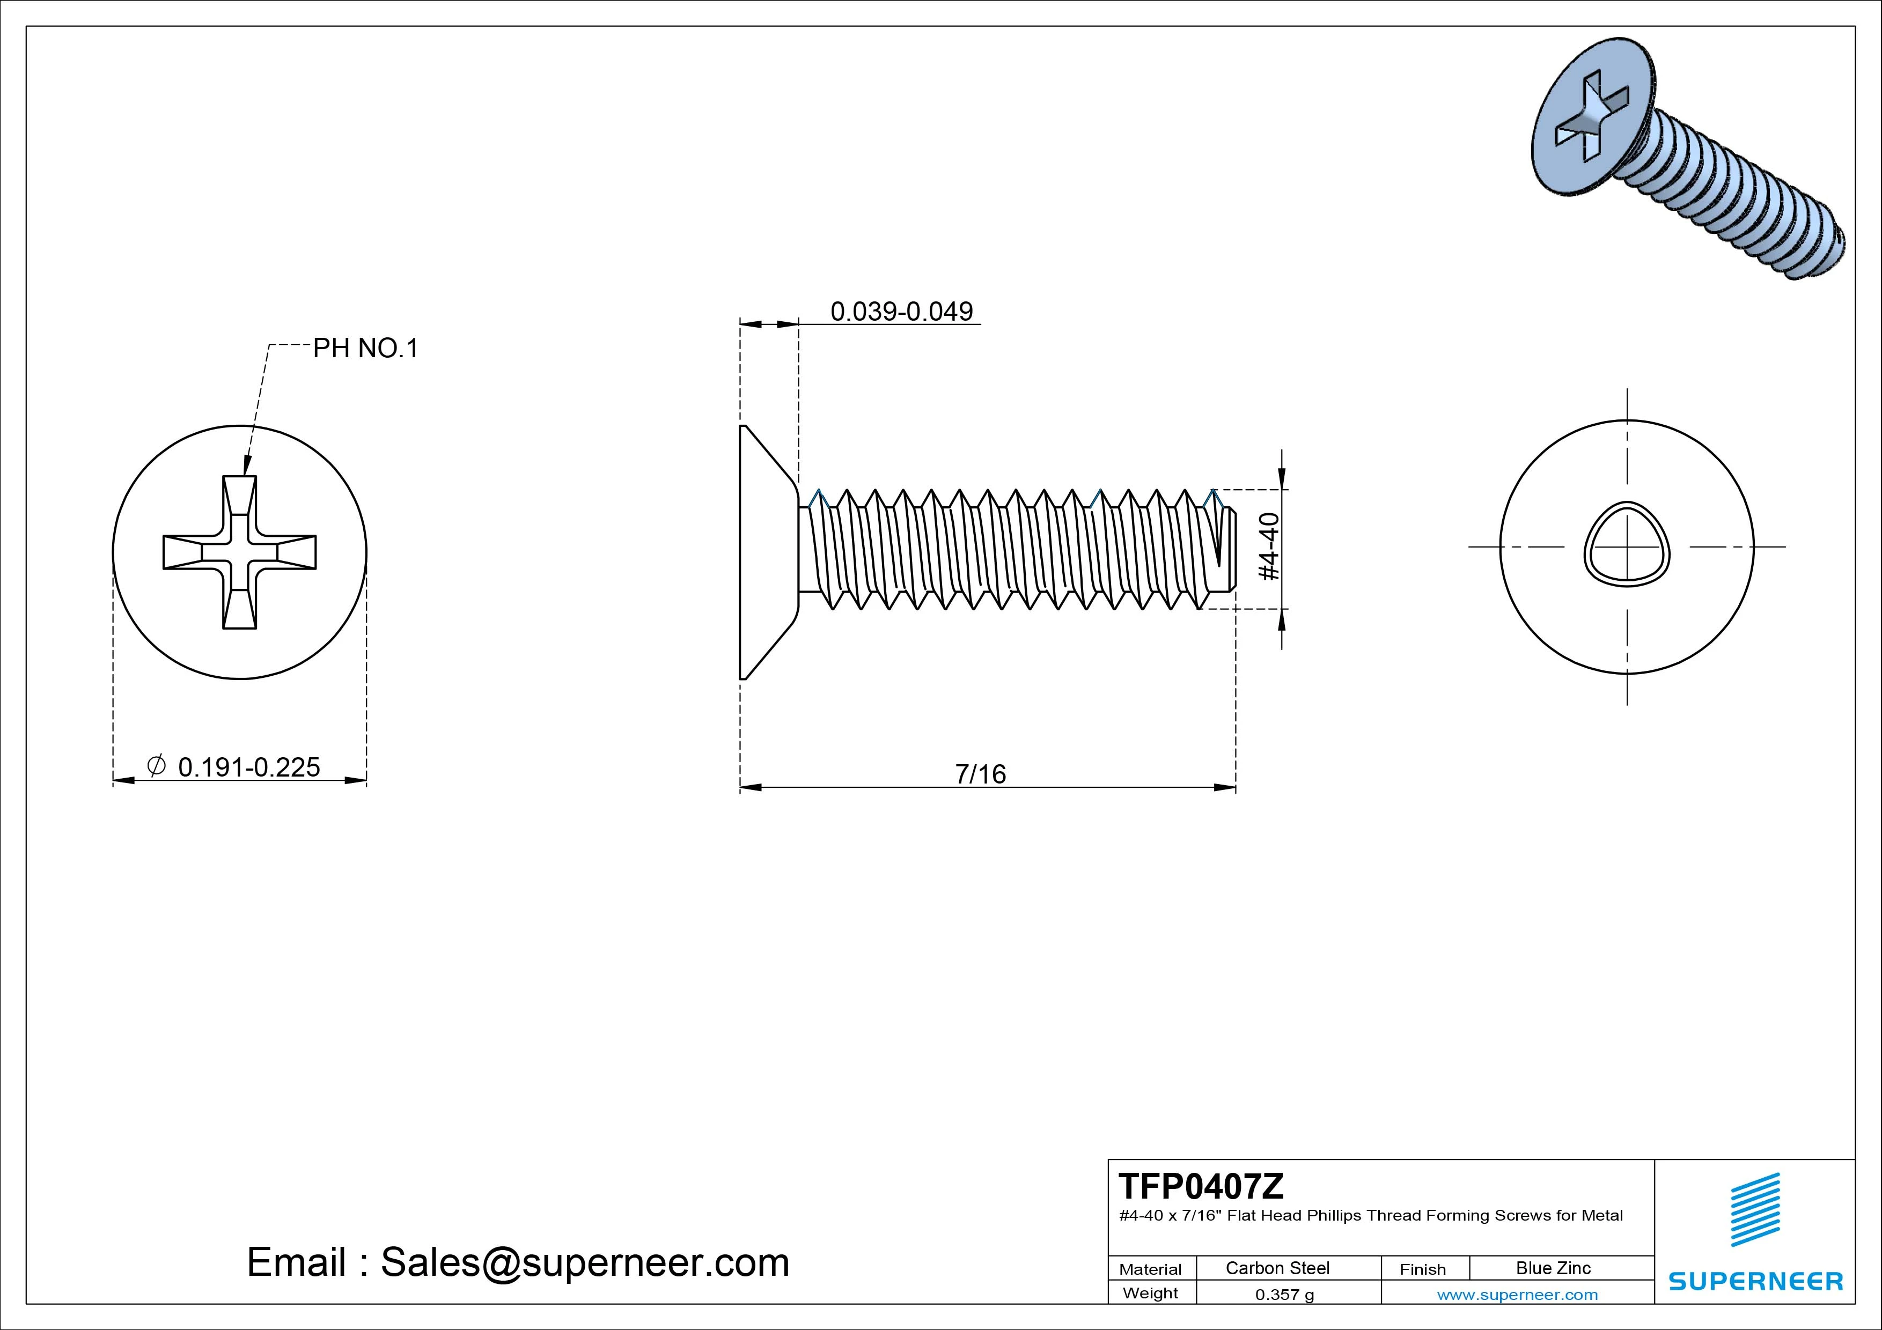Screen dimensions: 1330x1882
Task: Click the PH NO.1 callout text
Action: point(365,348)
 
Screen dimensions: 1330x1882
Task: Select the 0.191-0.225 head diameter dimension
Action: point(248,767)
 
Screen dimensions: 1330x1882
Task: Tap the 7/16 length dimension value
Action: point(980,773)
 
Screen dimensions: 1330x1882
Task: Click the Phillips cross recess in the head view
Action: point(239,552)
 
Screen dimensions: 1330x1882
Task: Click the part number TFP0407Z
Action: point(1201,1186)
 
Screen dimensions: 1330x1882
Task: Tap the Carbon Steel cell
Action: point(1277,1268)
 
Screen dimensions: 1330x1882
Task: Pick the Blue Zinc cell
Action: point(1553,1268)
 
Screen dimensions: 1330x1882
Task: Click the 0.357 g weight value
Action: point(1284,1295)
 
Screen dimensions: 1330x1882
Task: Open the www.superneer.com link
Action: point(1517,1295)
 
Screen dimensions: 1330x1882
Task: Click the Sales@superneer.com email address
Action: point(584,1262)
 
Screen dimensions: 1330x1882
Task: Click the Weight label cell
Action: point(1150,1293)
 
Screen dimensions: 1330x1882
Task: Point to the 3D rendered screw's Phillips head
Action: point(1590,123)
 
